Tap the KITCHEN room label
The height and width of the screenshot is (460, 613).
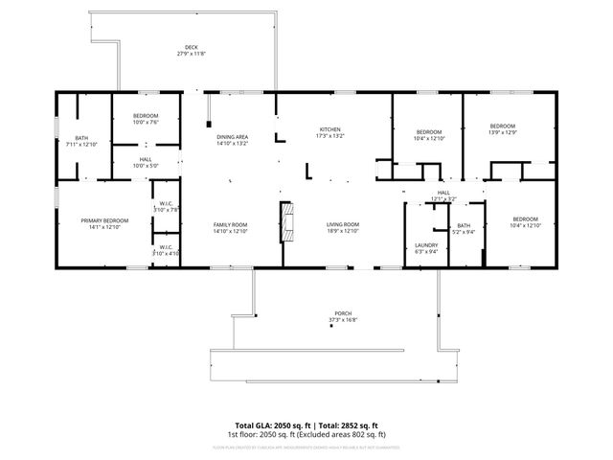329,129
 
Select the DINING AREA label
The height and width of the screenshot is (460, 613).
232,137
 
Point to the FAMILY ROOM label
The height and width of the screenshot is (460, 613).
231,224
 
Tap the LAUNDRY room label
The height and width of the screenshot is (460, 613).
426,244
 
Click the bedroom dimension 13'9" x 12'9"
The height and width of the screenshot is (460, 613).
502,132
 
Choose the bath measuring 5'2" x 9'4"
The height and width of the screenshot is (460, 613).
464,231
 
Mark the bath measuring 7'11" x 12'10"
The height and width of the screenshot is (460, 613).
80,144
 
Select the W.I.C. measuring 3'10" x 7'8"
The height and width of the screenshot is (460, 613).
166,209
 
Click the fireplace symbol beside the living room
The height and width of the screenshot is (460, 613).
286,222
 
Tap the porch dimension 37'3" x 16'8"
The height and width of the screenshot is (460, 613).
341,319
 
